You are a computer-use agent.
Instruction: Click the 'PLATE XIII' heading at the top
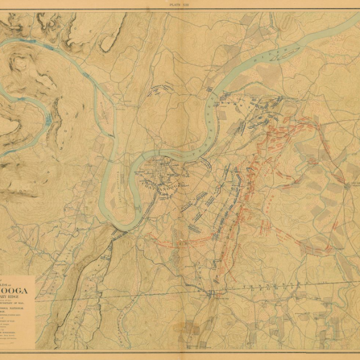pos(180,4)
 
